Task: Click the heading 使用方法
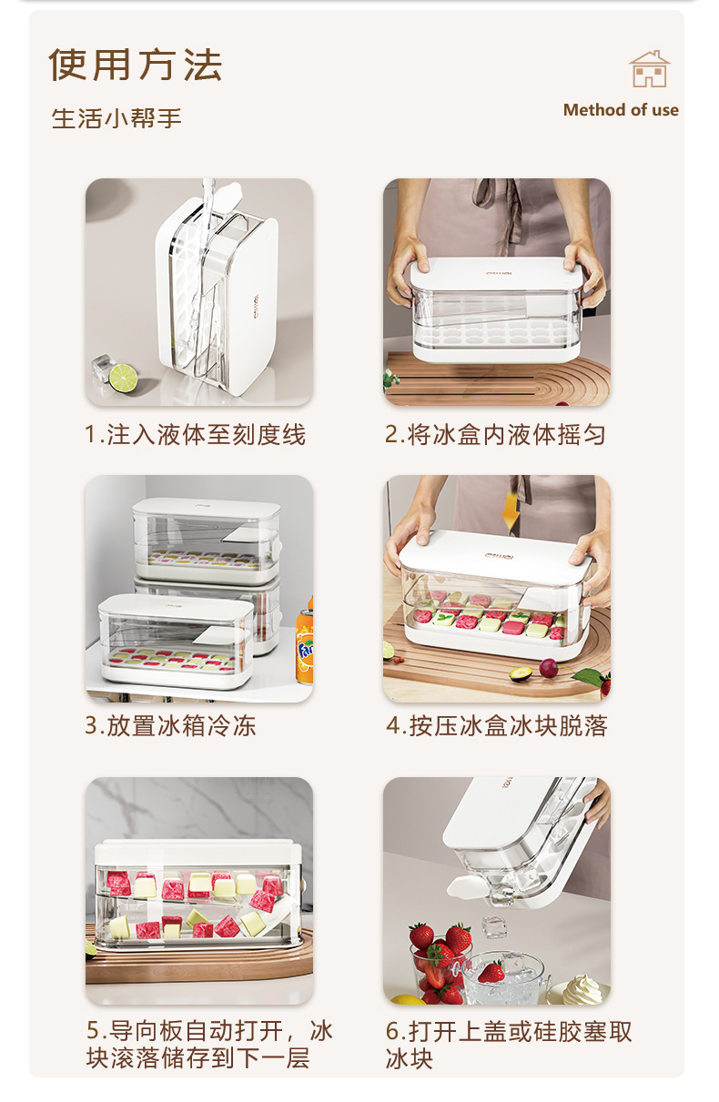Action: [136, 65]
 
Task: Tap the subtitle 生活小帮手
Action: [116, 118]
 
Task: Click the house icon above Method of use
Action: [649, 69]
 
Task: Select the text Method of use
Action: [621, 110]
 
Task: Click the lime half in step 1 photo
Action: [123, 378]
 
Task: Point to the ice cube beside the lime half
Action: [103, 368]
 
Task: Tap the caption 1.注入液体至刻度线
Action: [195, 434]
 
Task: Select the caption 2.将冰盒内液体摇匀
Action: [495, 434]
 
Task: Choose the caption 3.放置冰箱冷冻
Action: [170, 725]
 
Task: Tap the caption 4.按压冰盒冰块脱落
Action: [497, 725]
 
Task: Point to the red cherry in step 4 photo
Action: [549, 668]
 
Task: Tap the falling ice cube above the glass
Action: [492, 925]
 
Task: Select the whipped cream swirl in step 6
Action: [582, 989]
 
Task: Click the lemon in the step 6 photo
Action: [410, 999]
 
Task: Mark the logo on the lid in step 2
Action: [499, 273]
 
